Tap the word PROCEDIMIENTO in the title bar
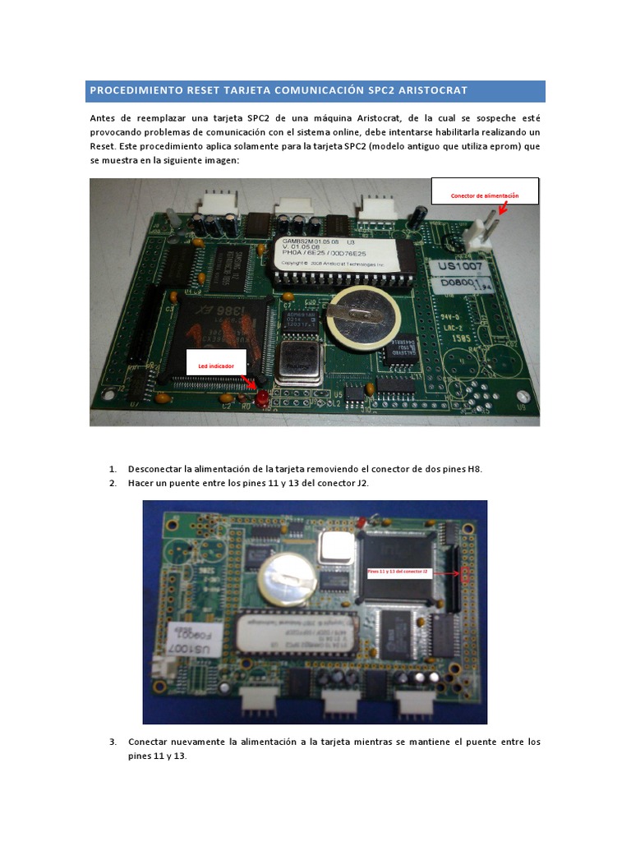[135, 90]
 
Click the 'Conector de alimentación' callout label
[485, 195]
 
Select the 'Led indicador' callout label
[216, 365]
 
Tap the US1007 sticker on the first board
[462, 268]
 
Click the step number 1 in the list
[113, 469]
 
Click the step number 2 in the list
[113, 484]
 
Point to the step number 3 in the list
[113, 742]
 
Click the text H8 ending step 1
[475, 469]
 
